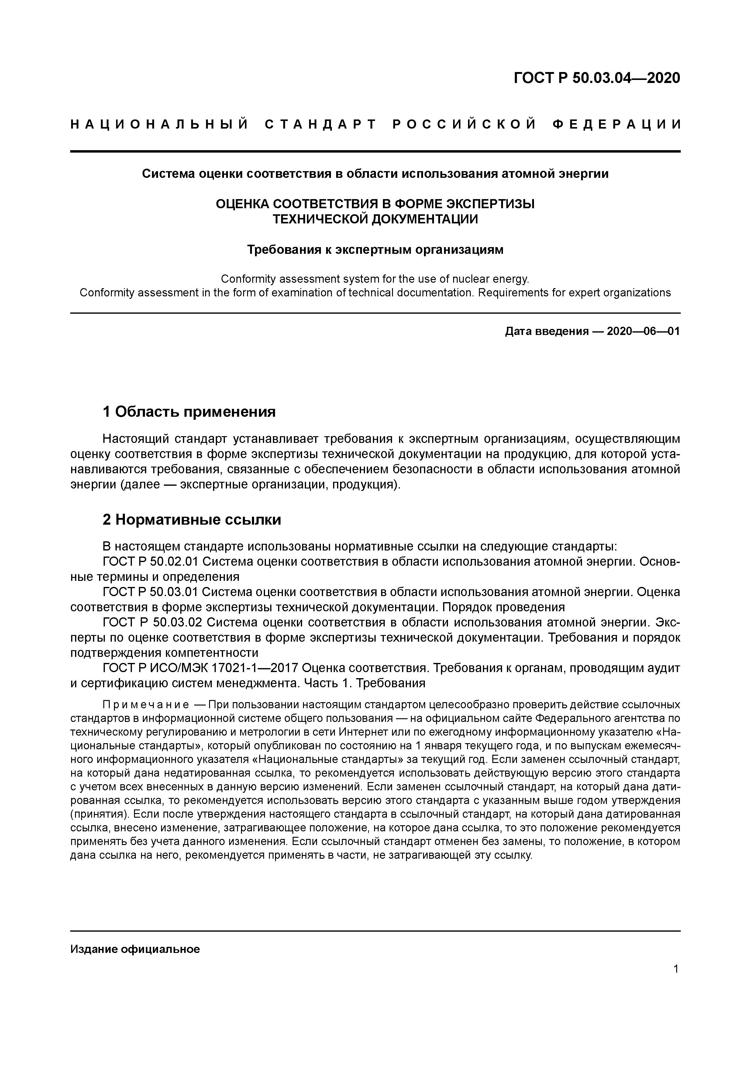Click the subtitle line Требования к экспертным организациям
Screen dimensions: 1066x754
(375, 250)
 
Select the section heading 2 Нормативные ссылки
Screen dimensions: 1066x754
(192, 519)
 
